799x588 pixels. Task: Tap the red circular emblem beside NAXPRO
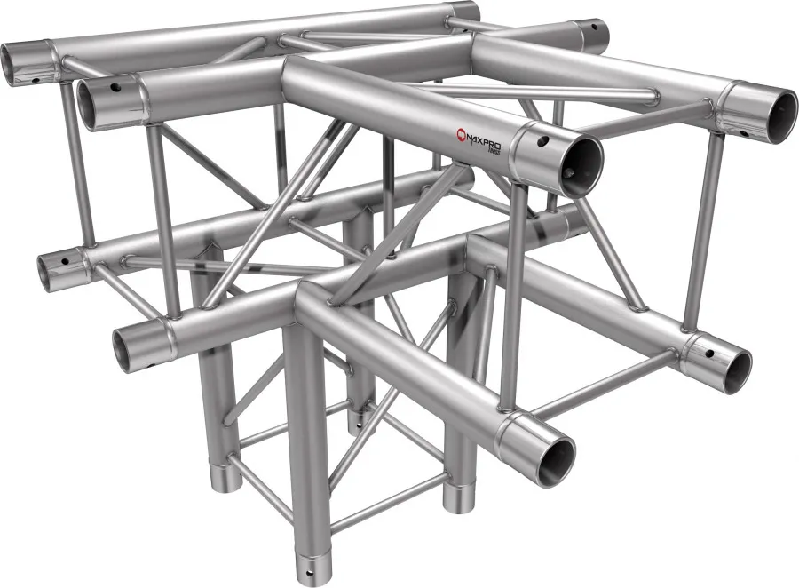pyautogui.click(x=461, y=134)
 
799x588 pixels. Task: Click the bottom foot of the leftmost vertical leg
pyautogui.click(x=226, y=480)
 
